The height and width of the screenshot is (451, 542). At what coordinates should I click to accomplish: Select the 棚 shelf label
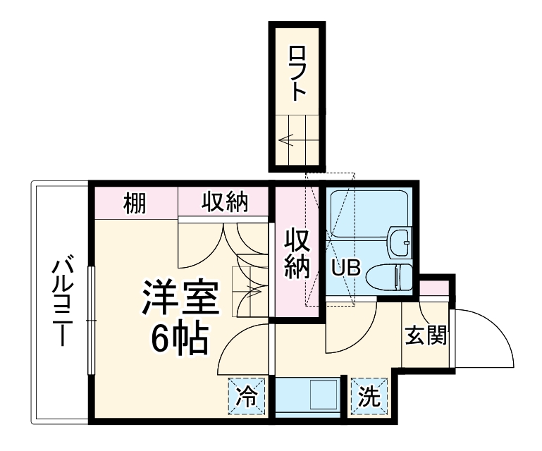135,203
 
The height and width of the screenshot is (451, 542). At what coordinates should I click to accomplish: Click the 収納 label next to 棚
226,203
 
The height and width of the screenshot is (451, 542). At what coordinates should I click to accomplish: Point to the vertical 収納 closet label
297,253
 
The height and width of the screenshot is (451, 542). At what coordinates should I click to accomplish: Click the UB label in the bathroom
346,268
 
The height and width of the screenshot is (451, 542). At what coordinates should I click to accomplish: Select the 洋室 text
180,300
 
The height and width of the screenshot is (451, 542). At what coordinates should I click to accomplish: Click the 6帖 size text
180,340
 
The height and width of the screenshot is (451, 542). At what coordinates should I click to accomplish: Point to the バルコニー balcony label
63,302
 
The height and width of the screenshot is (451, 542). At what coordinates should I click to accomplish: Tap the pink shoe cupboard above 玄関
433,288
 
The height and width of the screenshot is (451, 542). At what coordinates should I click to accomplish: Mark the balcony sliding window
90,321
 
